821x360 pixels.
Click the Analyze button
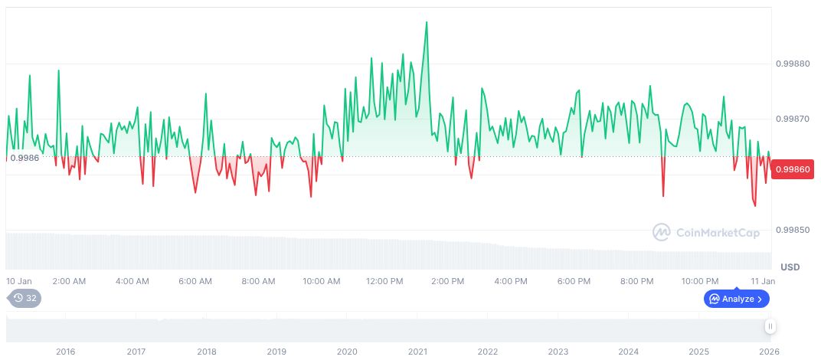pos(736,299)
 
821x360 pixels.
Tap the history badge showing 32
pos(25,298)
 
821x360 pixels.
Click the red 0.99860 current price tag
pos(793,169)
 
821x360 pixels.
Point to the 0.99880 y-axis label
pos(792,64)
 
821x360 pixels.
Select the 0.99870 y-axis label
pos(792,119)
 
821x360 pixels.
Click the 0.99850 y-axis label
pos(792,230)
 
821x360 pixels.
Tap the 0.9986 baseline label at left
pos(25,157)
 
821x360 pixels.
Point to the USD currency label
pos(790,267)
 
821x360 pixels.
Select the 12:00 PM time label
pos(385,281)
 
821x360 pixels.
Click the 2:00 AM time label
pos(69,281)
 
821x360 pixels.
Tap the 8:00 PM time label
pos(637,281)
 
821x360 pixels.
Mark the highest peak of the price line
pos(427,22)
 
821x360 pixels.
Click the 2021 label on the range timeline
pos(417,352)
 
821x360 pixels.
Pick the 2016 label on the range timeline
pos(66,352)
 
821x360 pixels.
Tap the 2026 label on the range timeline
pos(770,352)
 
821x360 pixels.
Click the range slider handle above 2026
pos(770,326)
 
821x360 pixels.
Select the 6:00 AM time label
pos(195,281)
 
